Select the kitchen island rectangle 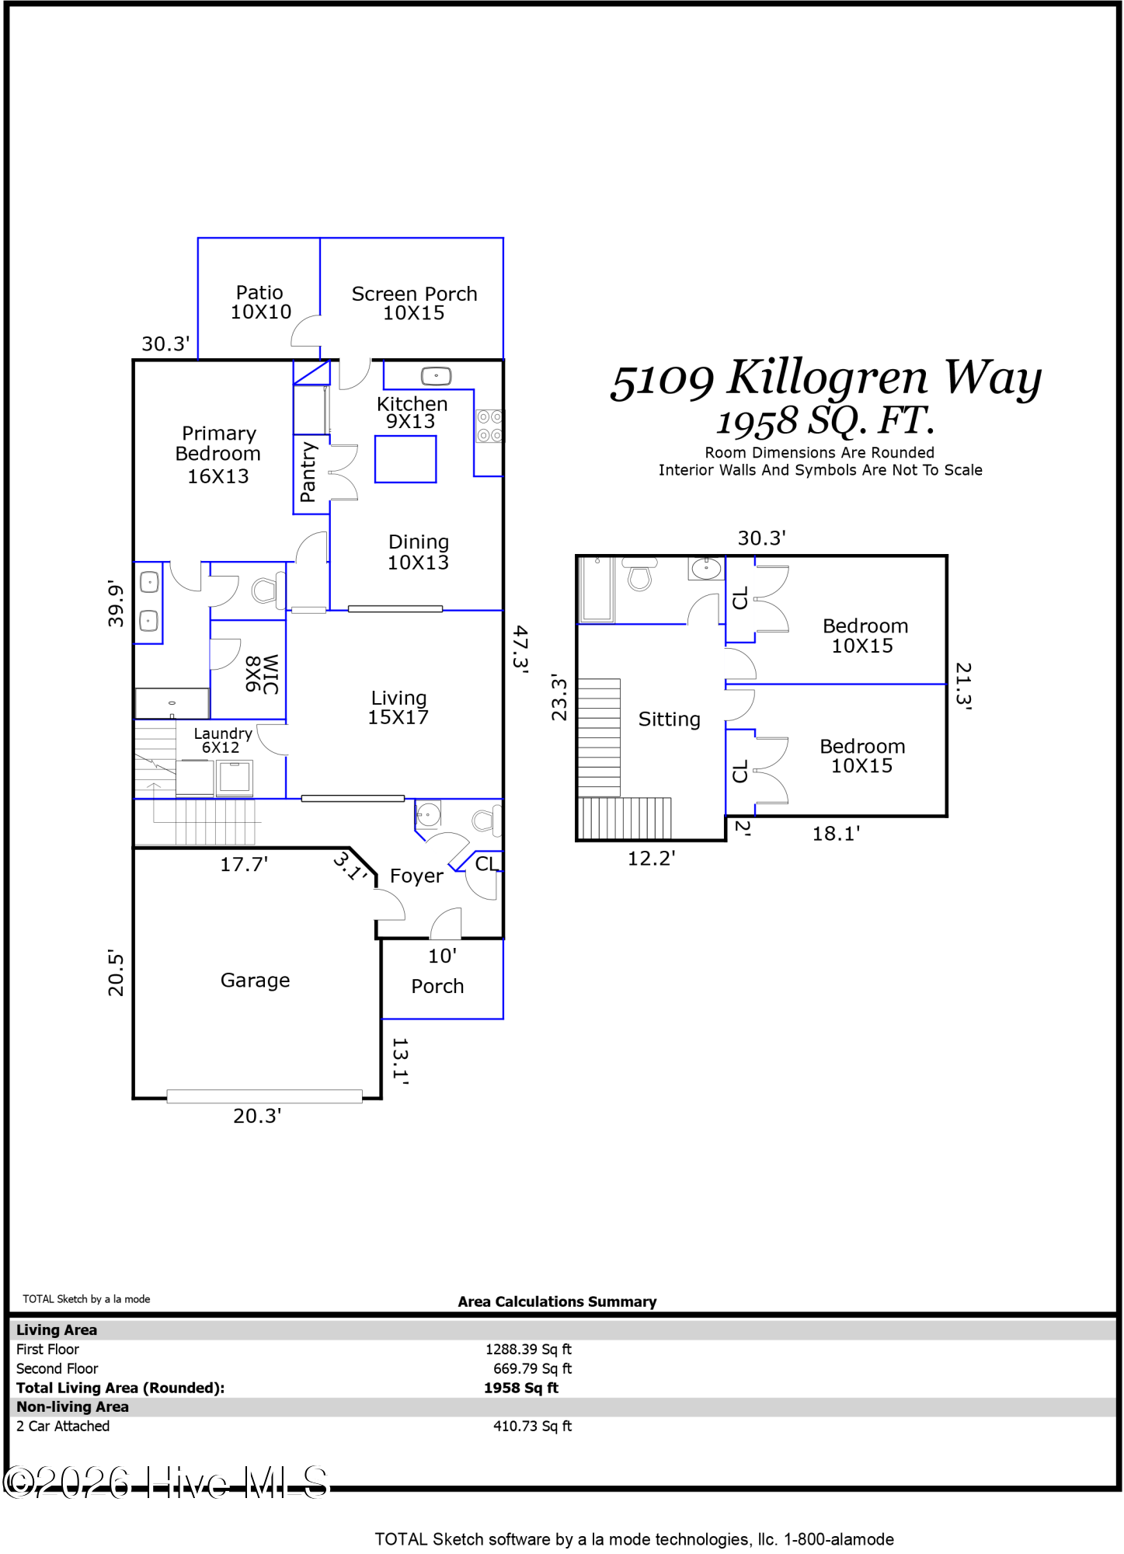coord(405,459)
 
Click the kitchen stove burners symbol coord(489,426)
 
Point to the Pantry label coord(308,472)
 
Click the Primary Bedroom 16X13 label coord(218,455)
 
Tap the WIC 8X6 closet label coord(263,674)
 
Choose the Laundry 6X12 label coord(222,740)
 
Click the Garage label coord(255,981)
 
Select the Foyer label coord(416,876)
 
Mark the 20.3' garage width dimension coord(257,1116)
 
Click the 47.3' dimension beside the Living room coord(520,649)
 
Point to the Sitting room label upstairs coord(669,720)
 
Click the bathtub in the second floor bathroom coord(597,589)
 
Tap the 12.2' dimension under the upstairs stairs coord(652,858)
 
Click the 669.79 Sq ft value coord(532,1368)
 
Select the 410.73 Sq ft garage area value coord(532,1426)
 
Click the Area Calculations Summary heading coord(557,1301)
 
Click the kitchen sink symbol coord(436,377)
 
